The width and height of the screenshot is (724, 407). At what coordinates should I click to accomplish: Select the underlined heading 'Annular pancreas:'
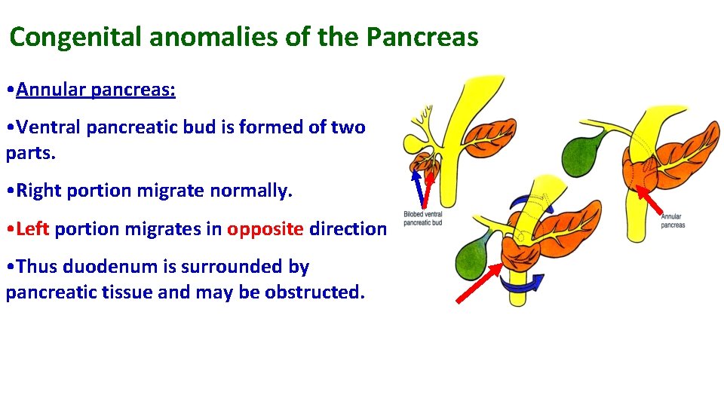coord(96,90)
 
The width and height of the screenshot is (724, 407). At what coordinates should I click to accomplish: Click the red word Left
coord(32,228)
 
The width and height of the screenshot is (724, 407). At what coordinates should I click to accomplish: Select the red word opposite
coord(265,228)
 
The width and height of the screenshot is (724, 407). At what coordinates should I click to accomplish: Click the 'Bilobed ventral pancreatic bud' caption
coord(423,219)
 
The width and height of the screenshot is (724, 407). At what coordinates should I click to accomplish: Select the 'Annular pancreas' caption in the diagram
coord(673,221)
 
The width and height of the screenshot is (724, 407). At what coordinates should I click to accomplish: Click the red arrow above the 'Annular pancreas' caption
coord(649,200)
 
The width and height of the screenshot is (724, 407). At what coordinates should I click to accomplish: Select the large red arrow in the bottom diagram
coord(480,283)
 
